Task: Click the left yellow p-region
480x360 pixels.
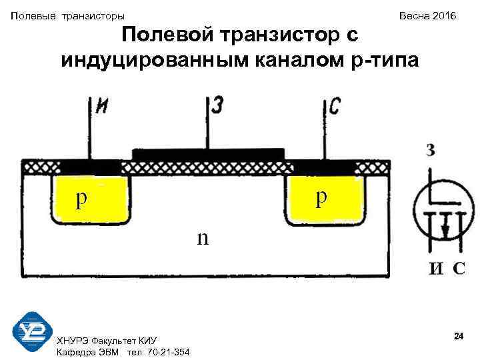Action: (89, 199)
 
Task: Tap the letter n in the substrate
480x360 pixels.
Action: (202, 237)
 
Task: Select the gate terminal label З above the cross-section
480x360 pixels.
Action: (218, 105)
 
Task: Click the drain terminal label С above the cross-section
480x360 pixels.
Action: (335, 106)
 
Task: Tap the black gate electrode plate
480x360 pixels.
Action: (209, 155)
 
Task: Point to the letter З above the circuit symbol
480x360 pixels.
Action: (431, 151)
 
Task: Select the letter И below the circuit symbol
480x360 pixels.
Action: (435, 269)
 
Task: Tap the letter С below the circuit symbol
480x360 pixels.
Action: (459, 269)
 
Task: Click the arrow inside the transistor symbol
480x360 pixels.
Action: (445, 229)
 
